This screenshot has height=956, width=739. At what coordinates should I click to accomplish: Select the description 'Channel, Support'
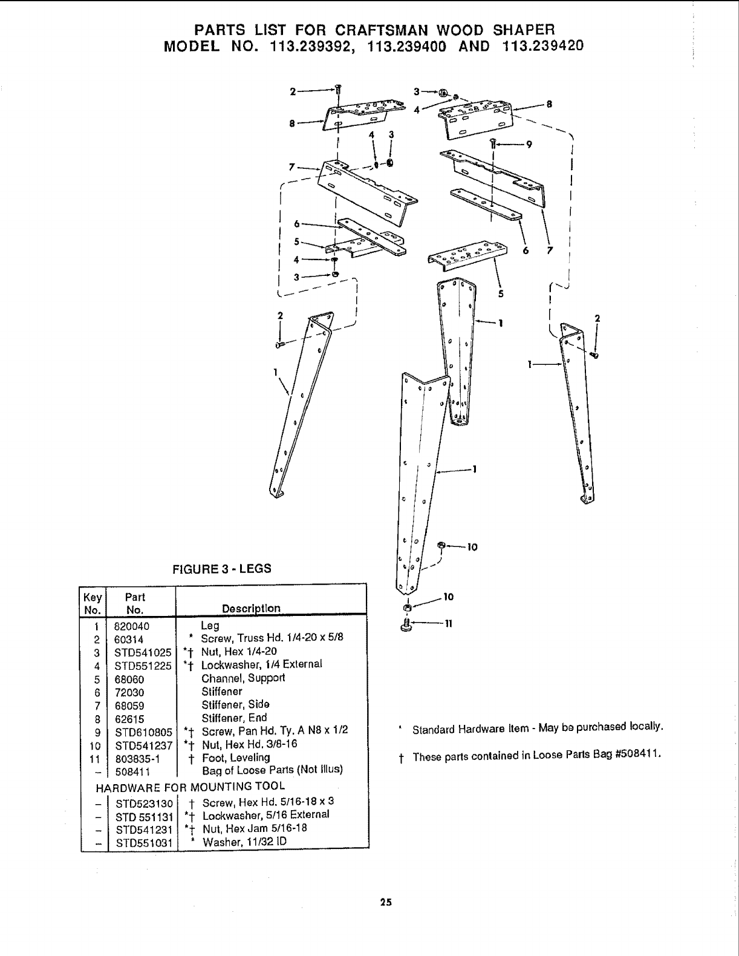tap(243, 678)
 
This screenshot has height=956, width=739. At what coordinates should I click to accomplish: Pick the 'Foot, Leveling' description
tap(236, 758)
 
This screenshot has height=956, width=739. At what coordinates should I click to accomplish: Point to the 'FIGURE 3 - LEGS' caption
tap(222, 569)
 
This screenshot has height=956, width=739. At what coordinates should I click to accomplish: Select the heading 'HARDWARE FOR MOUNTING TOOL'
tap(190, 787)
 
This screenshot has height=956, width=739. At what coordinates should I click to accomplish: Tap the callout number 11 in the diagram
tap(449, 624)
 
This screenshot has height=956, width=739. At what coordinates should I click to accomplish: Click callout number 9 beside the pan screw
tap(529, 145)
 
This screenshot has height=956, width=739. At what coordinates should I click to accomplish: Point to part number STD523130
tap(144, 804)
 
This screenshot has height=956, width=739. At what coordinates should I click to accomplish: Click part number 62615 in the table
tap(128, 718)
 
